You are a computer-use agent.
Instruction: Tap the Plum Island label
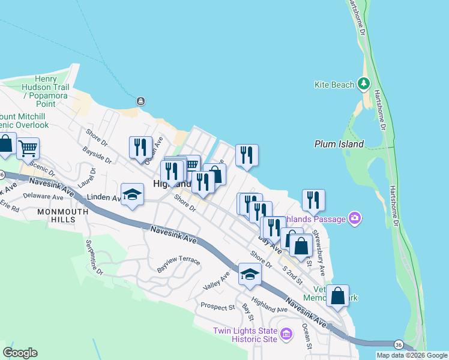click(x=339, y=144)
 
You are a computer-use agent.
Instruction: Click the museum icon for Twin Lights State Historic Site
click(x=286, y=334)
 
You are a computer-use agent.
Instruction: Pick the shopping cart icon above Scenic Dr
click(x=28, y=148)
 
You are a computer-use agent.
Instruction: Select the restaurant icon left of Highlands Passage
click(x=313, y=200)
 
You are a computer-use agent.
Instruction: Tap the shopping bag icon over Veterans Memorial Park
click(x=339, y=295)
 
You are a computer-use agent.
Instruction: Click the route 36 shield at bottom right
click(x=399, y=344)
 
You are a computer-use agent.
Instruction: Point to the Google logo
click(x=20, y=353)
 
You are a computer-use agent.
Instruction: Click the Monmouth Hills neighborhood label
click(x=56, y=215)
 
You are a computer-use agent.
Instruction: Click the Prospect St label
click(x=217, y=307)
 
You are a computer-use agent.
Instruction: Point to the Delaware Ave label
click(x=43, y=196)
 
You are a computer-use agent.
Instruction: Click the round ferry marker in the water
click(x=140, y=101)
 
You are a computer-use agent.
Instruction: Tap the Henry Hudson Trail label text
click(x=45, y=87)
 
